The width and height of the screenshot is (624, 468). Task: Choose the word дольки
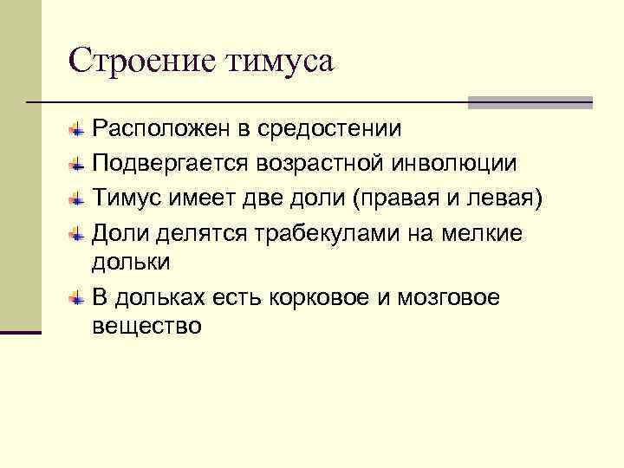(x=131, y=261)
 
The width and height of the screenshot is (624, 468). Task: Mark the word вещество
(x=146, y=327)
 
